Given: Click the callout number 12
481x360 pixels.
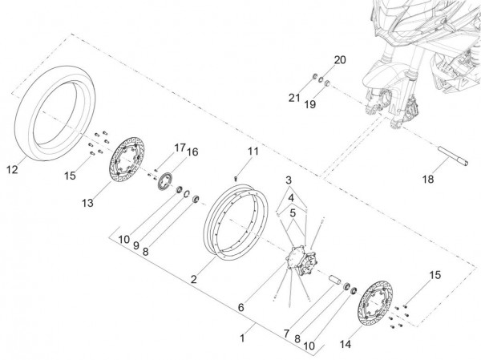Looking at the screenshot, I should click(11, 169).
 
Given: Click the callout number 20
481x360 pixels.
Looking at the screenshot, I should click(338, 61).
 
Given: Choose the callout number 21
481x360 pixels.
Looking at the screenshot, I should click(294, 98).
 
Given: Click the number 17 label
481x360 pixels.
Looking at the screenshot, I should click(180, 147).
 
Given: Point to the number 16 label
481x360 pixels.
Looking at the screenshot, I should click(192, 152).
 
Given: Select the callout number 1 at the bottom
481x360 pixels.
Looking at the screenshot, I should click(243, 339).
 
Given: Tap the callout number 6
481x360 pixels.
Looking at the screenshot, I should click(240, 308).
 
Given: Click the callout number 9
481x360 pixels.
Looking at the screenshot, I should click(135, 245).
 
